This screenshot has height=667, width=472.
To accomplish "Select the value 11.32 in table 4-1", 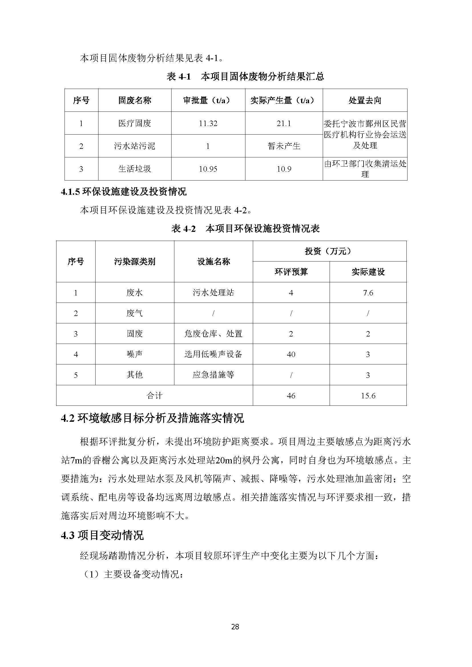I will tap(208, 123).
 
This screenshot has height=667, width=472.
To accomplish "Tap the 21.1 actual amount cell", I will tap(284, 123).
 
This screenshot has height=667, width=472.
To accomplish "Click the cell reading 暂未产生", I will tap(284, 146).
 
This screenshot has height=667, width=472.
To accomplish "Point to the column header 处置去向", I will tap(365, 100).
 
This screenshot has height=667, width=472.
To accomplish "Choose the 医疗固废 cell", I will tap(135, 123).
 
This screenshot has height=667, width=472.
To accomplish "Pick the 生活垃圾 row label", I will tap(135, 169).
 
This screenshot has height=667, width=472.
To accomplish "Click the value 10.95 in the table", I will tap(208, 169).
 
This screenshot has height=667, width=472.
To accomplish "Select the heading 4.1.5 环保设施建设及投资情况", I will tap(124, 192).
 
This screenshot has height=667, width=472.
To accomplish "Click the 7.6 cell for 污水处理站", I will tap(368, 293).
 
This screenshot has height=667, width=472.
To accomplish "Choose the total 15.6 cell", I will tap(368, 396).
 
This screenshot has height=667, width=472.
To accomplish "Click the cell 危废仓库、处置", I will tap(213, 334).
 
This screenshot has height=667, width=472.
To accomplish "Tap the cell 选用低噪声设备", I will tap(213, 354).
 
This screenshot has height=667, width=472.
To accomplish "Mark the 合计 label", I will tap(154, 396).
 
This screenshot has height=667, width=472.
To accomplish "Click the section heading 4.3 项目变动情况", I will tap(102, 536).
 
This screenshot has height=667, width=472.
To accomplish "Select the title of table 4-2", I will tap(246, 229).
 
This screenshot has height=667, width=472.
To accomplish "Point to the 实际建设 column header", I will tap(368, 272).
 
